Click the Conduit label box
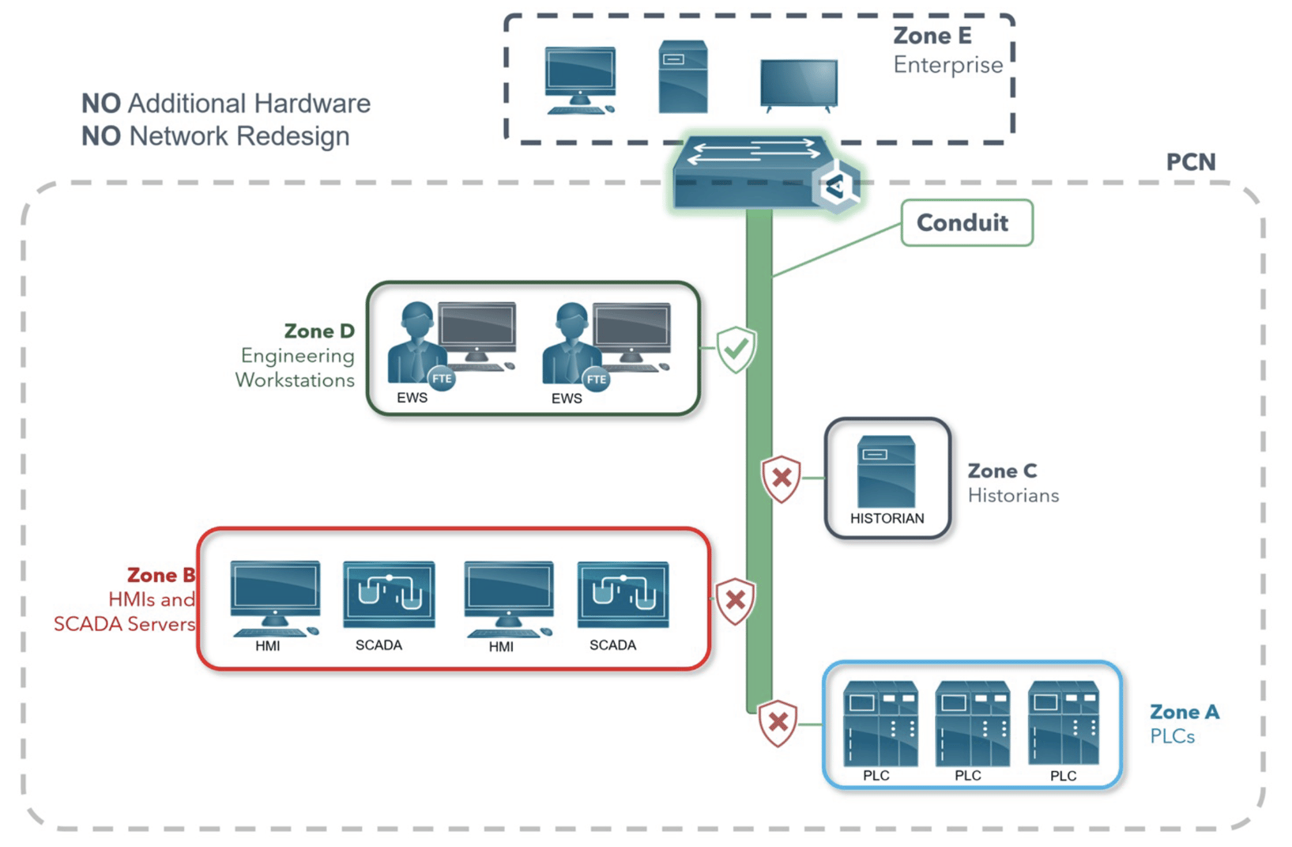(966, 223)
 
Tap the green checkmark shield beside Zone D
(736, 349)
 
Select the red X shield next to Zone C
(782, 478)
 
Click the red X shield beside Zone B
(735, 600)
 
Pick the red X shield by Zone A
(778, 722)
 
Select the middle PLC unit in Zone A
(972, 724)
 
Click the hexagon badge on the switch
(836, 187)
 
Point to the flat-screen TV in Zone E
(798, 83)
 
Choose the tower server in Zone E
(683, 77)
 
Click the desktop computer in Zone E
(580, 80)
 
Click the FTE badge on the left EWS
(442, 379)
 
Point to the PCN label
(1190, 162)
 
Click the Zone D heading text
(319, 331)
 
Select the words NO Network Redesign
(215, 136)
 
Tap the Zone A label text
(1184, 712)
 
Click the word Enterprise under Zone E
(947, 65)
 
